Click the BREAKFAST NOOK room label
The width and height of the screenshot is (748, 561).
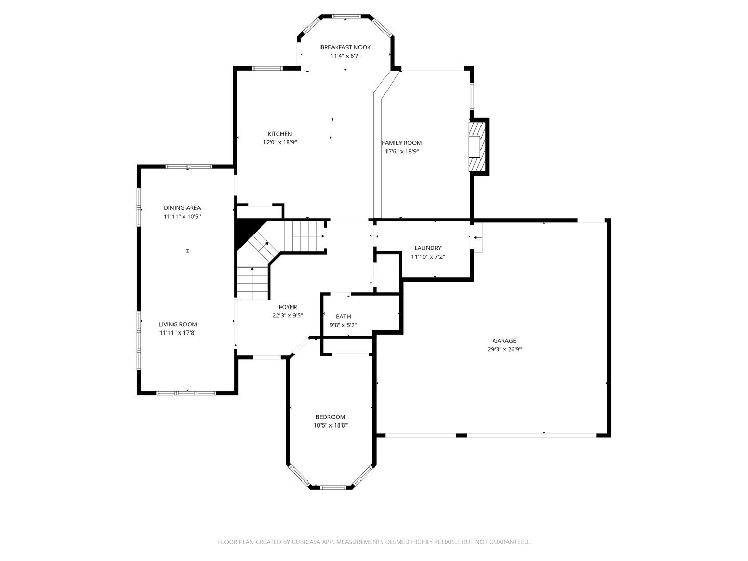(345, 47)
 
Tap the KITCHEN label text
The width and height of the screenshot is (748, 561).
(279, 134)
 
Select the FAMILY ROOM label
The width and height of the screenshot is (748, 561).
(402, 143)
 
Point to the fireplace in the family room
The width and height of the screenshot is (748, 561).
(476, 146)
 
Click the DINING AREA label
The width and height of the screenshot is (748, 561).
(182, 208)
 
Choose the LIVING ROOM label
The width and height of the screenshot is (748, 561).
(178, 324)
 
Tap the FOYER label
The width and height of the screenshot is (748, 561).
(288, 307)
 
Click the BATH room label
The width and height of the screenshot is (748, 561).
(343, 316)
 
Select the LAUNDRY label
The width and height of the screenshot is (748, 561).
(428, 248)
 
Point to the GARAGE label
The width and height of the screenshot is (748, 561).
(504, 341)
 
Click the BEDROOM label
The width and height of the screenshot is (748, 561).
(330, 417)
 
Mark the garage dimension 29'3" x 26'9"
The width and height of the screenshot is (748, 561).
(504, 350)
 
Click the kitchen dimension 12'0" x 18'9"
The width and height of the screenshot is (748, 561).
(279, 142)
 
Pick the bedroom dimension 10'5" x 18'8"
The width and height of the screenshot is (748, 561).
(330, 425)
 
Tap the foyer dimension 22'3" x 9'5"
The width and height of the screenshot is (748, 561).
(288, 315)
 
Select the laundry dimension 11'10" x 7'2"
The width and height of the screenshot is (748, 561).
(428, 257)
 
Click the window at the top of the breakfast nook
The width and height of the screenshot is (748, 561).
(346, 17)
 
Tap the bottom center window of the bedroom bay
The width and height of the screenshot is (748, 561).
(333, 487)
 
